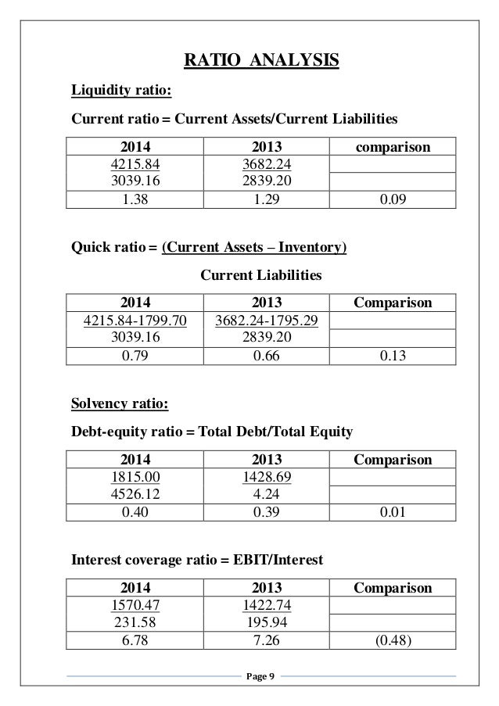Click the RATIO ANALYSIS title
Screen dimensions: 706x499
click(x=260, y=59)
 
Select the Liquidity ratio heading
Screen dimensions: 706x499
click(x=121, y=90)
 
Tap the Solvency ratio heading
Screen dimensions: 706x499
click(x=120, y=403)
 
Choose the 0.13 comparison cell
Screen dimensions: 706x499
click(x=392, y=355)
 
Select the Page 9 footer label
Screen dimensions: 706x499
click(x=255, y=676)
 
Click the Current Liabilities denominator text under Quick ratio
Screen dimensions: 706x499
click(x=261, y=275)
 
